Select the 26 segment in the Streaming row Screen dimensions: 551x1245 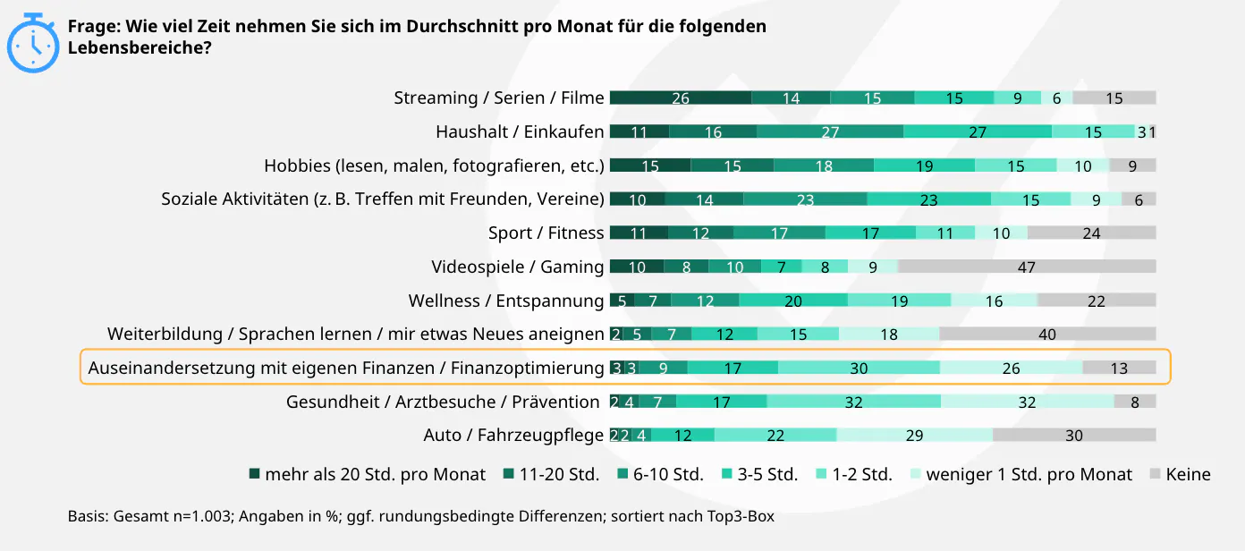681,97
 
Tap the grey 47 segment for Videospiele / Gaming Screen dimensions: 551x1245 1027,267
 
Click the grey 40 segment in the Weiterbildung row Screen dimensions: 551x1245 1047,334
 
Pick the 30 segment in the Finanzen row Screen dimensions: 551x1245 859,368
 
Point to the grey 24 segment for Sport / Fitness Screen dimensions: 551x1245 1091,233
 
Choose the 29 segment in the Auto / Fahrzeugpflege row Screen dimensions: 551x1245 914,435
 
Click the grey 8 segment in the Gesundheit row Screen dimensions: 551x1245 1135,402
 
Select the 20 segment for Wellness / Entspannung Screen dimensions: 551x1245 793,301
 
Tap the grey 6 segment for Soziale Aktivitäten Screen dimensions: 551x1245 1139,199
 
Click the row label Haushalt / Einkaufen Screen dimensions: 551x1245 520,131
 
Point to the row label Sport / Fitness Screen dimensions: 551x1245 546,233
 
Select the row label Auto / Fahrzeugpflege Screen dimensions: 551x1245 513,435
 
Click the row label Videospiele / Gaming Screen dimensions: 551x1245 517,267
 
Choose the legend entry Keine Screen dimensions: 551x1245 1188,474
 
